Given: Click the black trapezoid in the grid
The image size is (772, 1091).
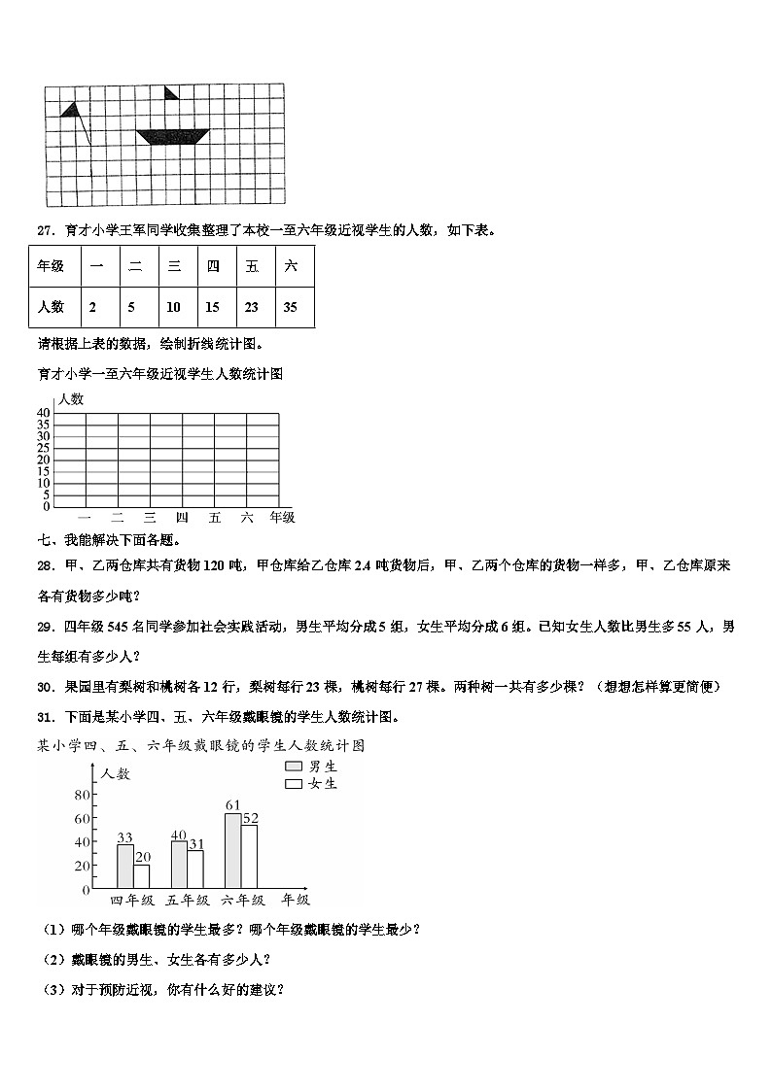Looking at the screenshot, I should pyautogui.click(x=174, y=137).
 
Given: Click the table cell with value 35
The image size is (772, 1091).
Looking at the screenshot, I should pyautogui.click(x=290, y=306).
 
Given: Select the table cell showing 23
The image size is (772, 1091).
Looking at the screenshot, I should pyautogui.click(x=251, y=306).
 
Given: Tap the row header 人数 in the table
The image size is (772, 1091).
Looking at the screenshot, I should pyautogui.click(x=51, y=306).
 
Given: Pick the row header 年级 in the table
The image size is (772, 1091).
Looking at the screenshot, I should pyautogui.click(x=51, y=265).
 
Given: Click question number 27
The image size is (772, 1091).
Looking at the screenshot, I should pyautogui.click(x=45, y=230).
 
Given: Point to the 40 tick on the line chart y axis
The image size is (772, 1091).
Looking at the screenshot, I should pyautogui.click(x=44, y=413).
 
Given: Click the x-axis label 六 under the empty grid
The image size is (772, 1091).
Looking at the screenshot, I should pyautogui.click(x=247, y=518).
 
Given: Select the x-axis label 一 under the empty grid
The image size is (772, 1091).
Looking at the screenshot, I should pyautogui.click(x=85, y=518).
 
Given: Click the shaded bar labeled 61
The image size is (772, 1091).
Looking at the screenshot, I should pyautogui.click(x=232, y=850).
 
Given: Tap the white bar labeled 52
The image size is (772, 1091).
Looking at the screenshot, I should pyautogui.click(x=250, y=856).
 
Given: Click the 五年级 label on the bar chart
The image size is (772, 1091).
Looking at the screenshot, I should pyautogui.click(x=188, y=901).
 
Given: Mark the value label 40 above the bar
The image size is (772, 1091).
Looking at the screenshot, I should pyautogui.click(x=178, y=835).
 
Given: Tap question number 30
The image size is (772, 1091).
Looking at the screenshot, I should pyautogui.click(x=45, y=687).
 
